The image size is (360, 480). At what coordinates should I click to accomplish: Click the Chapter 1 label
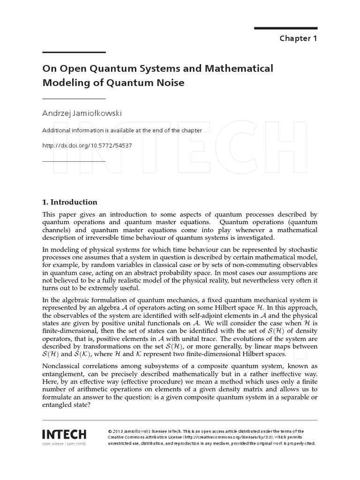click(298, 38)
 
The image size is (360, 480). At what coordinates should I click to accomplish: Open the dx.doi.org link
click(87, 145)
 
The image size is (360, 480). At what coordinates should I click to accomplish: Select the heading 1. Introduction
click(70, 202)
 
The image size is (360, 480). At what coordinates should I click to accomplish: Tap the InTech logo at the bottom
click(64, 433)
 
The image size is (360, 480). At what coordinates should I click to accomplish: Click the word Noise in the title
click(165, 83)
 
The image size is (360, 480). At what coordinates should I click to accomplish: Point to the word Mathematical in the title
click(239, 68)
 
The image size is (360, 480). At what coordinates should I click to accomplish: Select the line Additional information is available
click(122, 130)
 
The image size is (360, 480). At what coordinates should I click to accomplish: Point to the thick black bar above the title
click(74, 52)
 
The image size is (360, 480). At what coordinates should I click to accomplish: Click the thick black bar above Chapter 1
click(286, 28)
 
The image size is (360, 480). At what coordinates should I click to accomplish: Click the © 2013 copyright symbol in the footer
click(109, 431)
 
